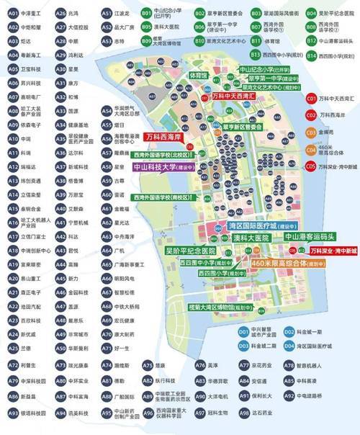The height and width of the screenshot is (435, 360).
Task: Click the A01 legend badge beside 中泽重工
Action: tap(12, 13)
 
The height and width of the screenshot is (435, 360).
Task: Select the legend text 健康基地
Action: tap(79, 124)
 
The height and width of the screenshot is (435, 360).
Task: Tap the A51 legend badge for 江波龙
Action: tap(106, 13)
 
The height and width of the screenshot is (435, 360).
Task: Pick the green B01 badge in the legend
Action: tap(146, 13)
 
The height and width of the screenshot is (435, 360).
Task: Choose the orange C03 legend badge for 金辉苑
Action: tap(311, 132)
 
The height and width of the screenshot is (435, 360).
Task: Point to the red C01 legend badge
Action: tap(311, 97)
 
